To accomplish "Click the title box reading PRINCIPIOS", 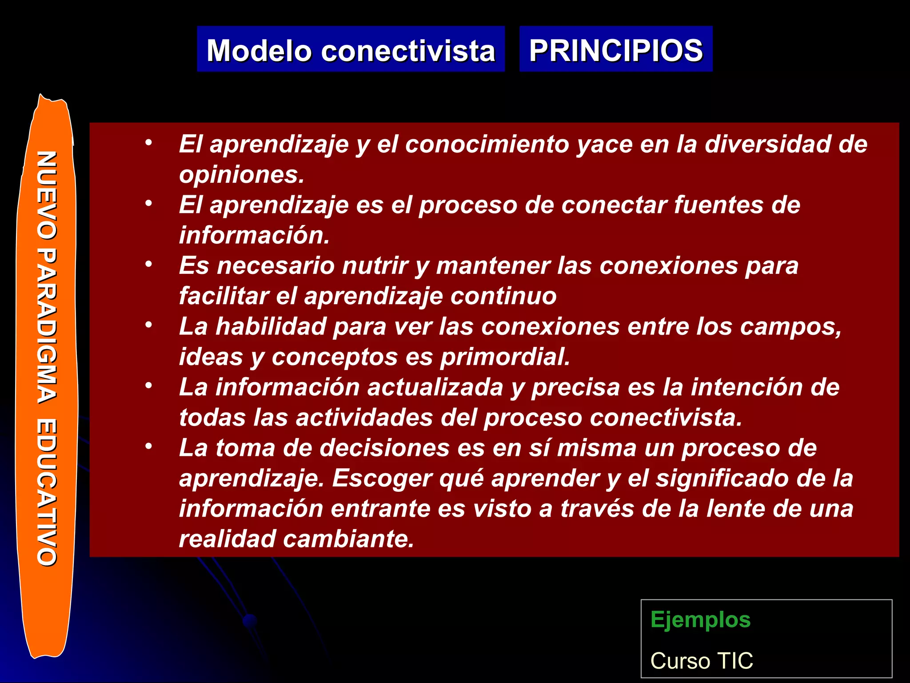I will tap(616, 50).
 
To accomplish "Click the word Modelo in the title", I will tap(259, 51).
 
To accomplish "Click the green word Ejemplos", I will tap(700, 620).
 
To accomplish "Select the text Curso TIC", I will tap(702, 660).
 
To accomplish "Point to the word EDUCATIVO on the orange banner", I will tap(47, 492).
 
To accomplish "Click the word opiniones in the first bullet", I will tap(241, 175).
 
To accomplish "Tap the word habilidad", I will tap(270, 326).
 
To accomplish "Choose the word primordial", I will tap(505, 357).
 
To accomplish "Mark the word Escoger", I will tap(382, 478).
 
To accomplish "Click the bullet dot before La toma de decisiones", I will tap(148, 446).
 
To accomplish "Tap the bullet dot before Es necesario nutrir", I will tap(148, 264).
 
